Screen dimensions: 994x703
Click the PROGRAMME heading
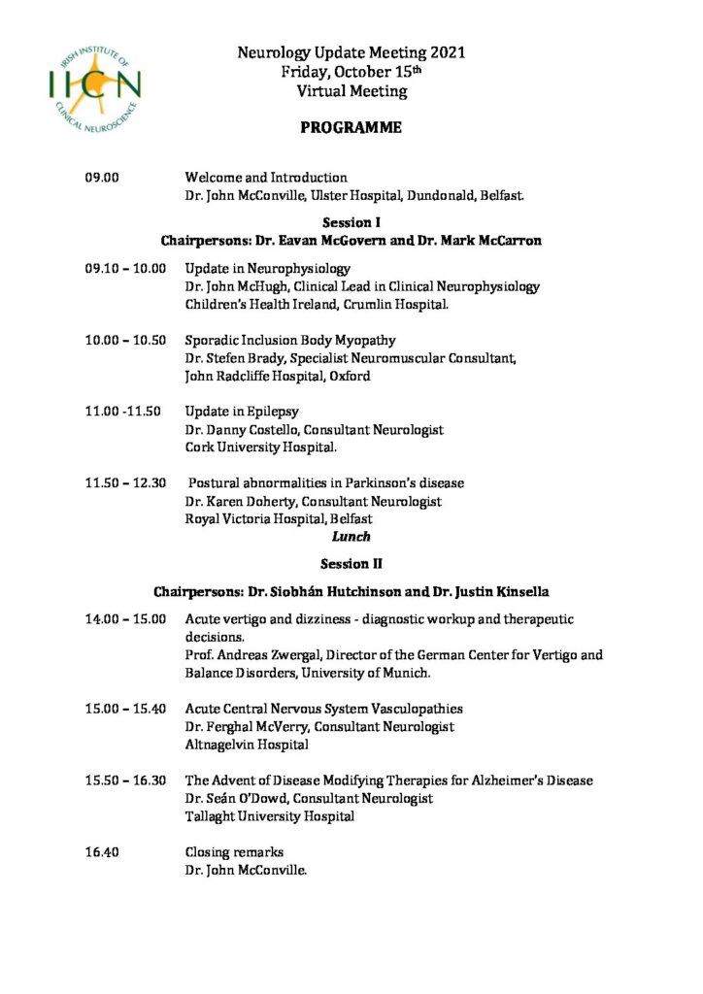[x=351, y=128]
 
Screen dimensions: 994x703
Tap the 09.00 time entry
[x=101, y=178]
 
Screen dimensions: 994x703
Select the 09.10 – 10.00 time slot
[x=125, y=268]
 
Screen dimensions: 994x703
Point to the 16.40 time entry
[x=101, y=852]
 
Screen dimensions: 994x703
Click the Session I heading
[x=351, y=222]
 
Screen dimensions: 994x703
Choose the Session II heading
[x=351, y=563]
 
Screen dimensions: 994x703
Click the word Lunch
[x=351, y=536]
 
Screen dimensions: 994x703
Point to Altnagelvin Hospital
[x=247, y=745]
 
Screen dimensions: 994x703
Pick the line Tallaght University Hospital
[x=269, y=816]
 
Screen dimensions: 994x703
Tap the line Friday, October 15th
[x=351, y=72]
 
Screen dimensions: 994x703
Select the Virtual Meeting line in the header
[x=351, y=91]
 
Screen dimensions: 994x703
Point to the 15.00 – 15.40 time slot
[x=125, y=709]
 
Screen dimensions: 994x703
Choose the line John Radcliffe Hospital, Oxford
[x=277, y=376]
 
